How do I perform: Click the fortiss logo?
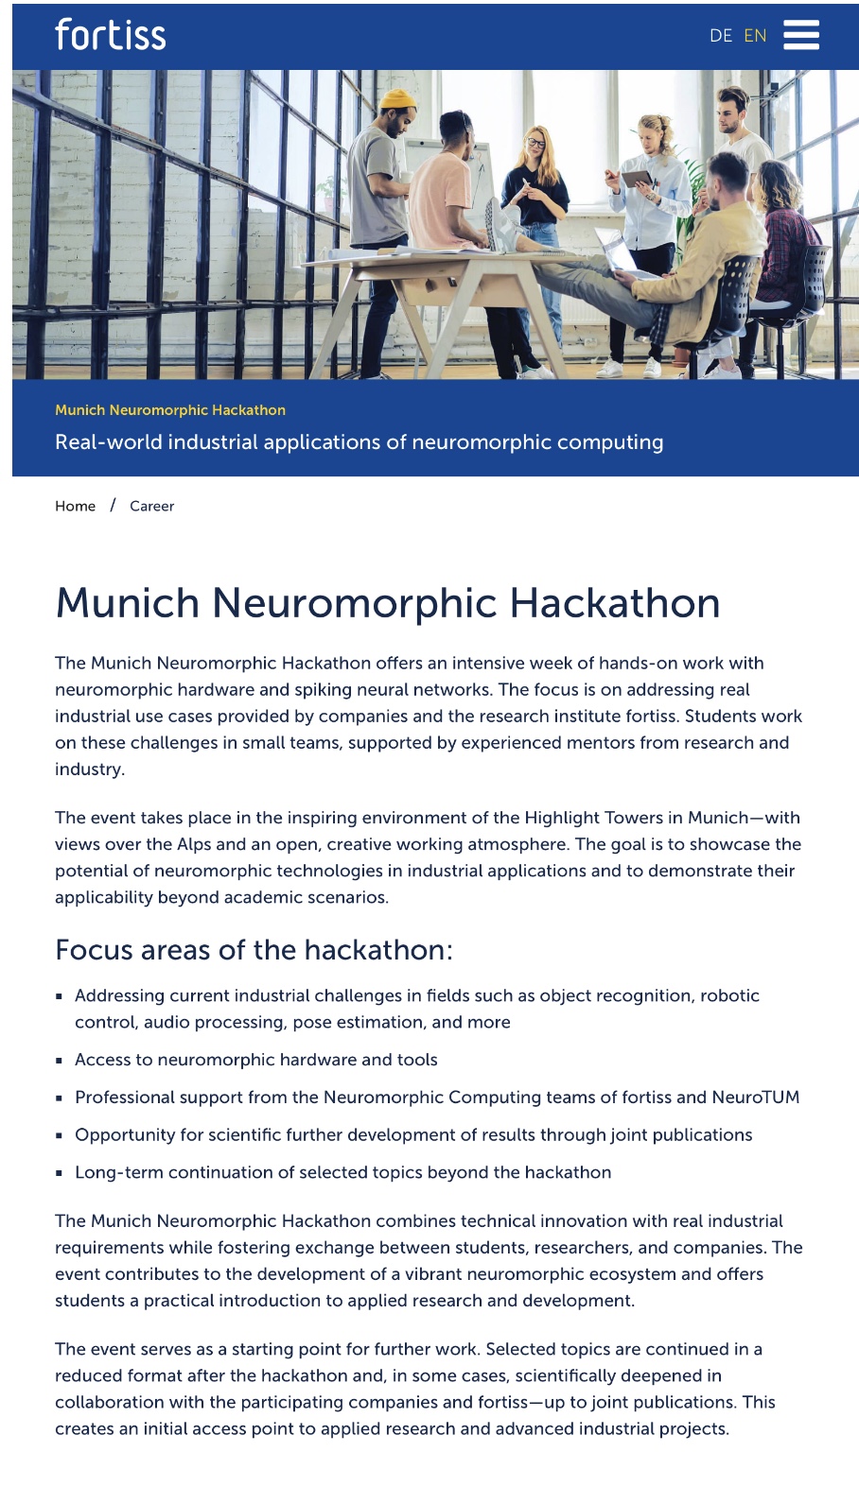coord(110,35)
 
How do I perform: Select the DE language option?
coord(720,36)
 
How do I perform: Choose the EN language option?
coord(755,36)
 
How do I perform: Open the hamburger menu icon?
coord(801,35)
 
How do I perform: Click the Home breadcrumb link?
coord(75,506)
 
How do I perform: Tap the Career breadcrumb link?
coord(151,506)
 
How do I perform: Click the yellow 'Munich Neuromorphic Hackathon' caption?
coord(170,410)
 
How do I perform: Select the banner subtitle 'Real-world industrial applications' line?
coord(359,442)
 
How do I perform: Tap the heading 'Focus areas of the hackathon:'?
coord(254,949)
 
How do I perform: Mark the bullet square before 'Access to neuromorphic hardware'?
coord(60,1061)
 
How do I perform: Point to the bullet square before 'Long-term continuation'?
coord(60,1173)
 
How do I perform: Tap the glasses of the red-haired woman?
coord(535,145)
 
